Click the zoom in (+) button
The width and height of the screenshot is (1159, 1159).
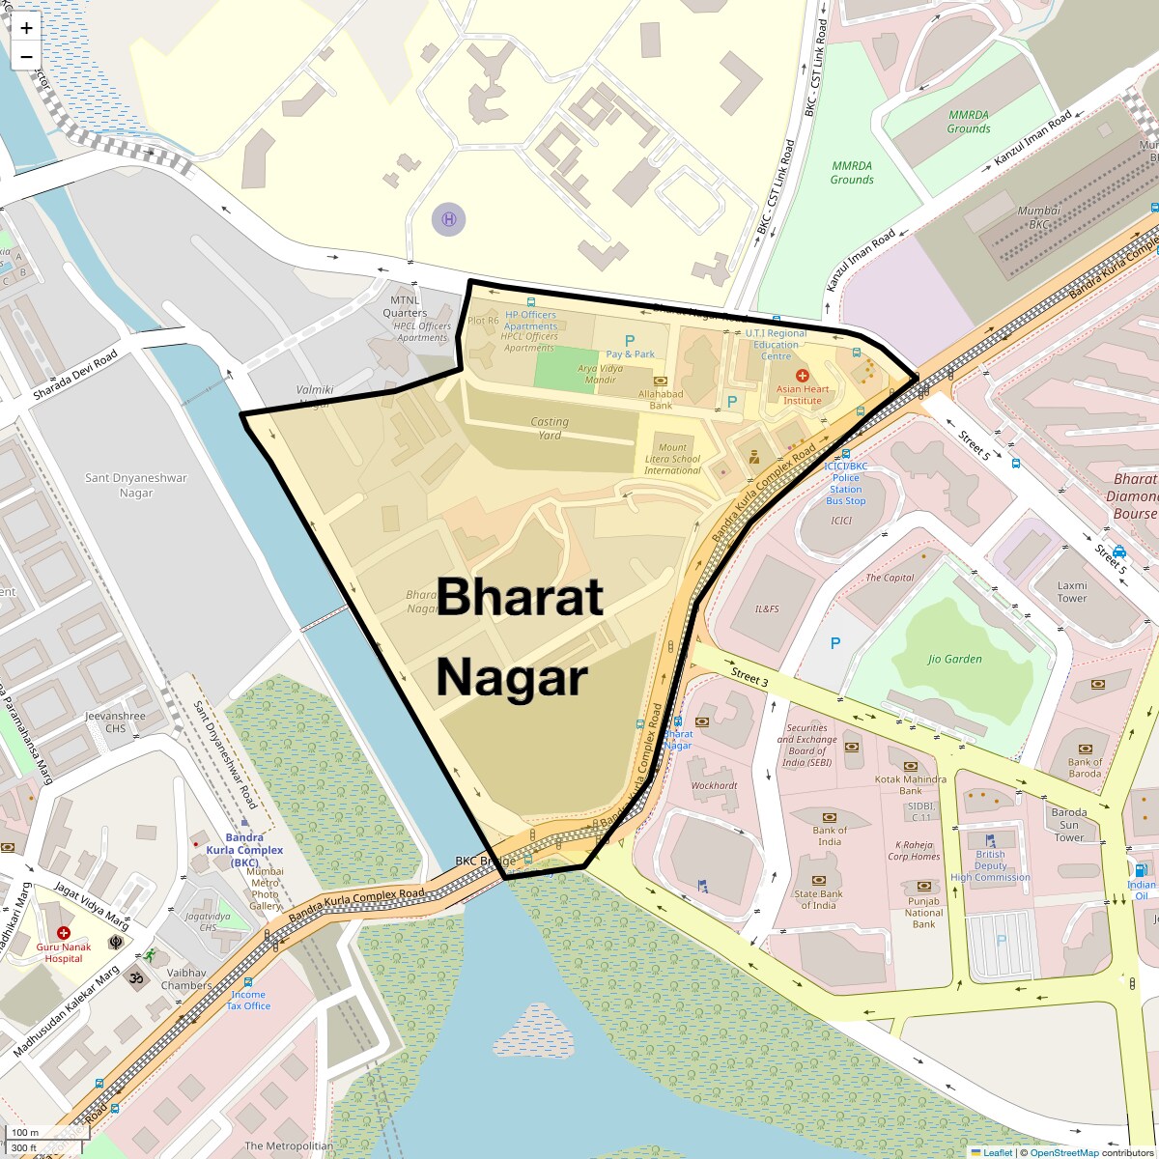tap(26, 28)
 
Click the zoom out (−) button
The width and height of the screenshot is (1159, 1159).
tap(26, 56)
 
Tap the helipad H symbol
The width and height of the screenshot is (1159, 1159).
tap(448, 219)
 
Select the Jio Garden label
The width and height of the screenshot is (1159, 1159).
tap(954, 660)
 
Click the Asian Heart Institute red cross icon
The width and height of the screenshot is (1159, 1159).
tap(801, 375)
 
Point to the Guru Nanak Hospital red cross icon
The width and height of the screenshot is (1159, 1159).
tap(63, 933)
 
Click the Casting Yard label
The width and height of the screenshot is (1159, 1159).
tap(550, 428)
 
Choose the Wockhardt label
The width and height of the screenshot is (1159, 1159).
tap(714, 785)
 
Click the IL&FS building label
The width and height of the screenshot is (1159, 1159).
tap(767, 609)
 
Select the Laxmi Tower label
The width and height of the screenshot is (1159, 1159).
tap(1072, 591)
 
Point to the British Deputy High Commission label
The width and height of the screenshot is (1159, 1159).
tap(990, 865)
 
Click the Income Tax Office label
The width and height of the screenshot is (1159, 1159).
tap(248, 1000)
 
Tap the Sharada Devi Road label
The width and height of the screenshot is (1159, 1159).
tap(74, 376)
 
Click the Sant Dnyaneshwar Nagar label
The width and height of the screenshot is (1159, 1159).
tap(136, 485)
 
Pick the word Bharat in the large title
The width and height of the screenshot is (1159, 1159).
tap(521, 597)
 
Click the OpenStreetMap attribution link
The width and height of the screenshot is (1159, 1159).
tap(1063, 1152)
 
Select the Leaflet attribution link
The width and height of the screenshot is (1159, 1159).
tap(998, 1152)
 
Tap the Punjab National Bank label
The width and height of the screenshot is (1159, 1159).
tap(923, 912)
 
